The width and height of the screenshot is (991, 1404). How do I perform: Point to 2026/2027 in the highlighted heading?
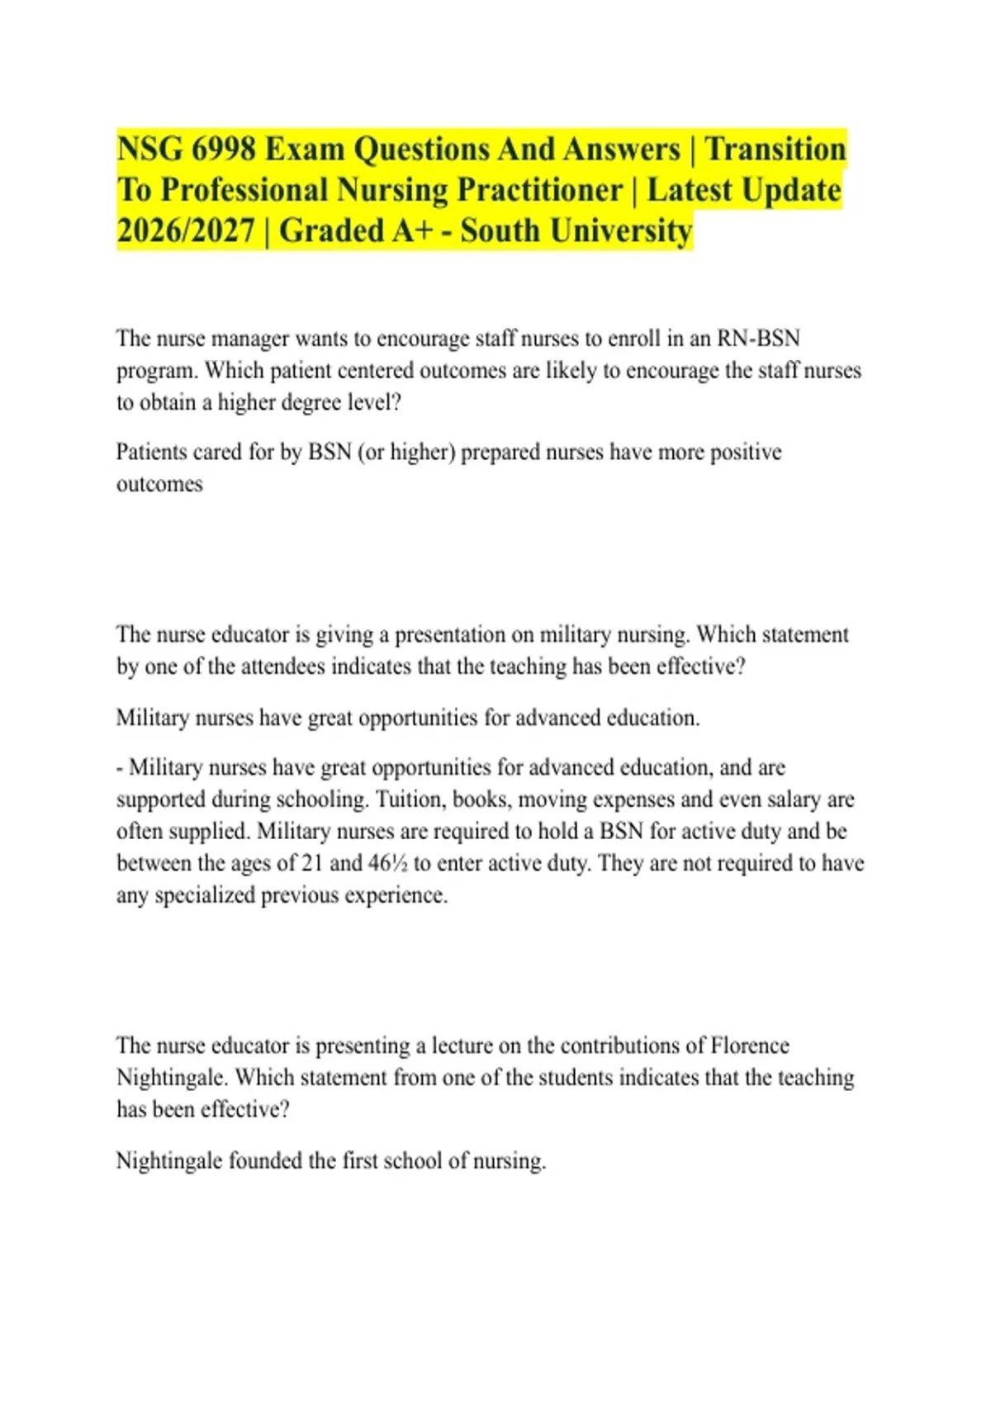pos(186,230)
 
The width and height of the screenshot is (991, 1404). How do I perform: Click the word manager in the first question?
pos(251,339)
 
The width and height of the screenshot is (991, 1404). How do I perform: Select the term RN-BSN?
pos(758,339)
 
